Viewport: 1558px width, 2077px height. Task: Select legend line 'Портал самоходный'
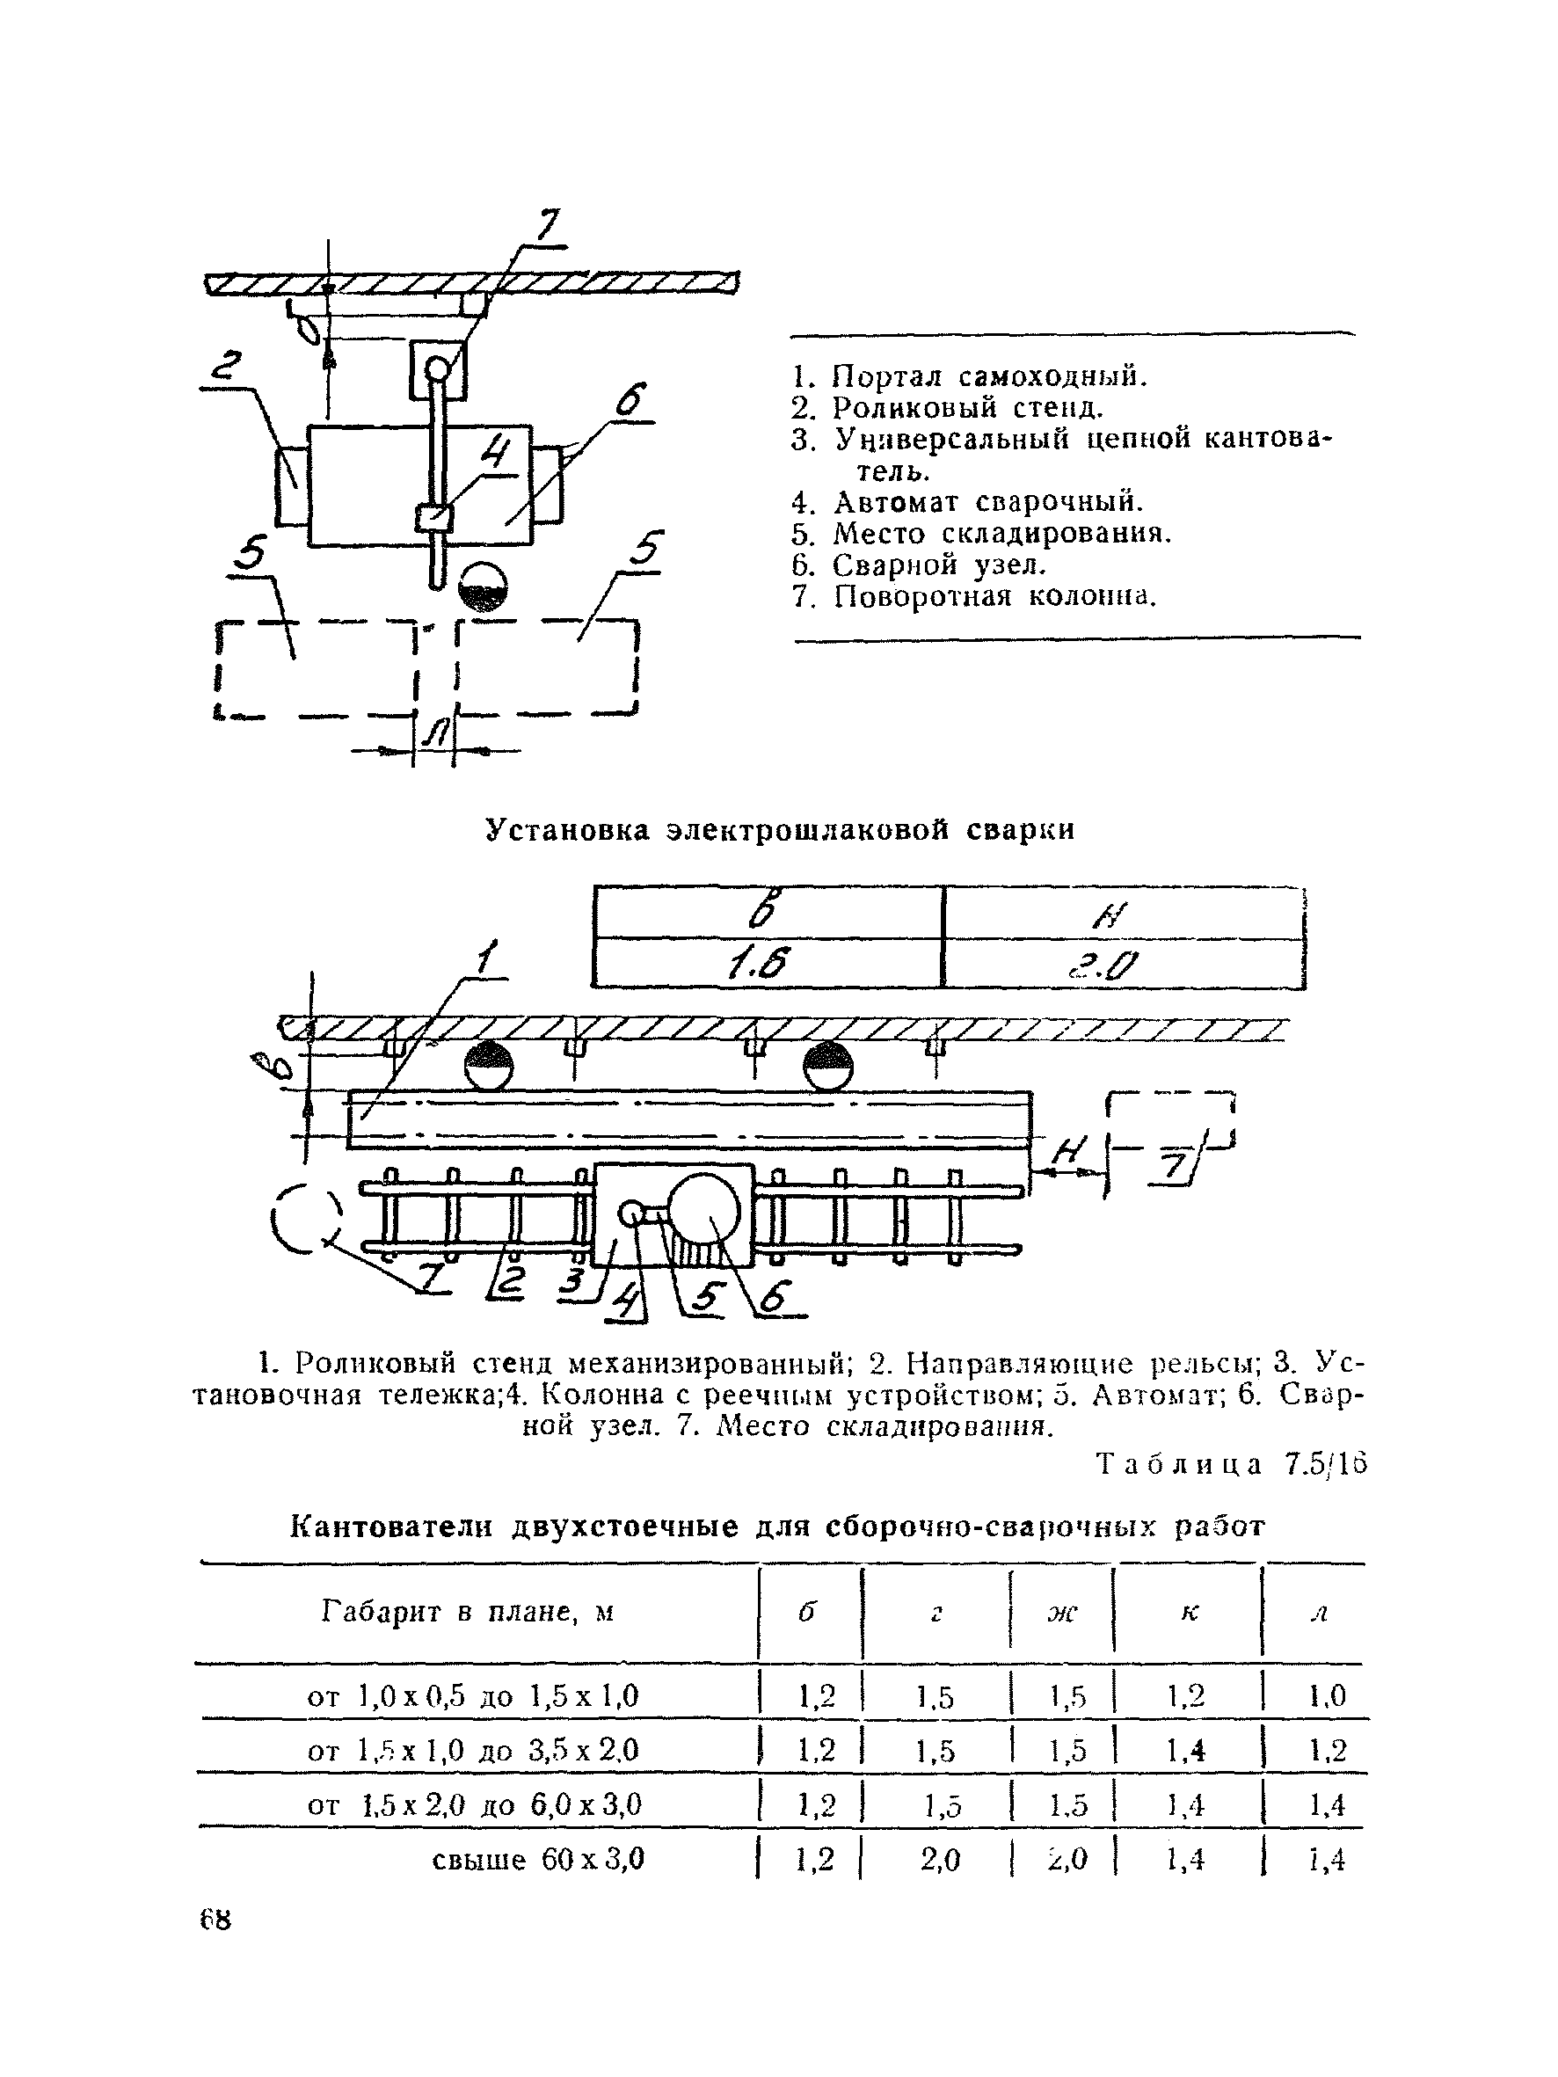[x=969, y=376]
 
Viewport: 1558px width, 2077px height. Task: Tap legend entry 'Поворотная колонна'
[x=974, y=596]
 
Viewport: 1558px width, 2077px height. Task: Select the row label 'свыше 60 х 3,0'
[x=538, y=1859]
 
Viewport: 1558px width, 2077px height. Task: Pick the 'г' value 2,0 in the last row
[x=939, y=1860]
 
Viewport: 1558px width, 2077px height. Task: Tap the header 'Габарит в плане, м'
[x=468, y=1612]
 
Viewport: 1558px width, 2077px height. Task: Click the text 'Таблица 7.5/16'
[x=1231, y=1464]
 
